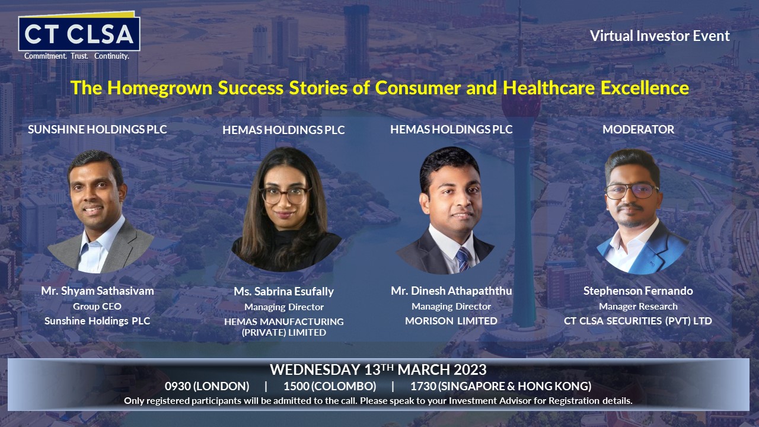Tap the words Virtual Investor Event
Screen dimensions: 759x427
coord(659,36)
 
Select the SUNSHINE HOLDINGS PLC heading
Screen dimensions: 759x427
coord(97,129)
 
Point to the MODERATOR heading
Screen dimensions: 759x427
coord(639,129)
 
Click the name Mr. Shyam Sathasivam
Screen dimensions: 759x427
coord(98,291)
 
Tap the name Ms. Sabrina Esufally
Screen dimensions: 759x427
coord(284,291)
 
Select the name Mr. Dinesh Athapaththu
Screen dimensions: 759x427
coord(451,291)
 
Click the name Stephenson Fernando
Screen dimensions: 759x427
coord(638,291)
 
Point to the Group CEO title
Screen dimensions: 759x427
coord(97,307)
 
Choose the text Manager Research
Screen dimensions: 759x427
coord(638,307)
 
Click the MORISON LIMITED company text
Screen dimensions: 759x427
coord(451,321)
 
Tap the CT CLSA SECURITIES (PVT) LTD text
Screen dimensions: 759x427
coord(638,321)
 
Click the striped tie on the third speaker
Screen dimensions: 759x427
coord(463,259)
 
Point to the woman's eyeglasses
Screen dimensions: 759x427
coord(285,195)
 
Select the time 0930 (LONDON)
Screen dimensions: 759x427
coord(207,386)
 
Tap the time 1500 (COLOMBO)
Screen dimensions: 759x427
coord(330,386)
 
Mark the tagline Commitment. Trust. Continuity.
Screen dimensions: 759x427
coord(76,56)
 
